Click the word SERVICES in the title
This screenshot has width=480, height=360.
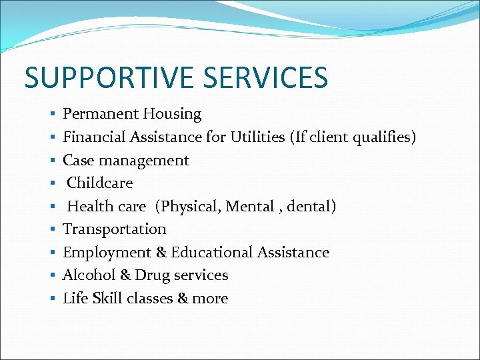266,77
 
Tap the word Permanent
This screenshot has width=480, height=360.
97,114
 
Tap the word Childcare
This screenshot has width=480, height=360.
100,183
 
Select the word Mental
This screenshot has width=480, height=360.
250,206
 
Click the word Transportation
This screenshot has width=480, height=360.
115,229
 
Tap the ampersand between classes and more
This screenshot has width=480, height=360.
183,298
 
